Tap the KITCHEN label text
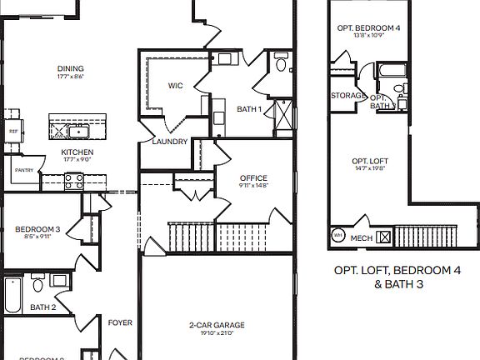(x=77, y=152)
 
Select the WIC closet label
(x=175, y=85)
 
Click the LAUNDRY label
(x=169, y=142)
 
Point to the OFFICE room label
(x=253, y=177)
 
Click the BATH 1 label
(x=248, y=109)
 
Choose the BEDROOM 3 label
(x=37, y=229)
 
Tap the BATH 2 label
(x=42, y=307)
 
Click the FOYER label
(x=120, y=322)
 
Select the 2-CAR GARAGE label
(x=216, y=325)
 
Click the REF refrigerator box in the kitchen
(x=13, y=131)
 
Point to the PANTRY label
(x=23, y=170)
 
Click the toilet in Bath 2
(x=37, y=286)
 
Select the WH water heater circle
(x=338, y=236)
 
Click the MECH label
(x=362, y=237)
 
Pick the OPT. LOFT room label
(x=369, y=160)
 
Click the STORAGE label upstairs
(x=347, y=96)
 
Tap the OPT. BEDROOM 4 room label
(x=368, y=27)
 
